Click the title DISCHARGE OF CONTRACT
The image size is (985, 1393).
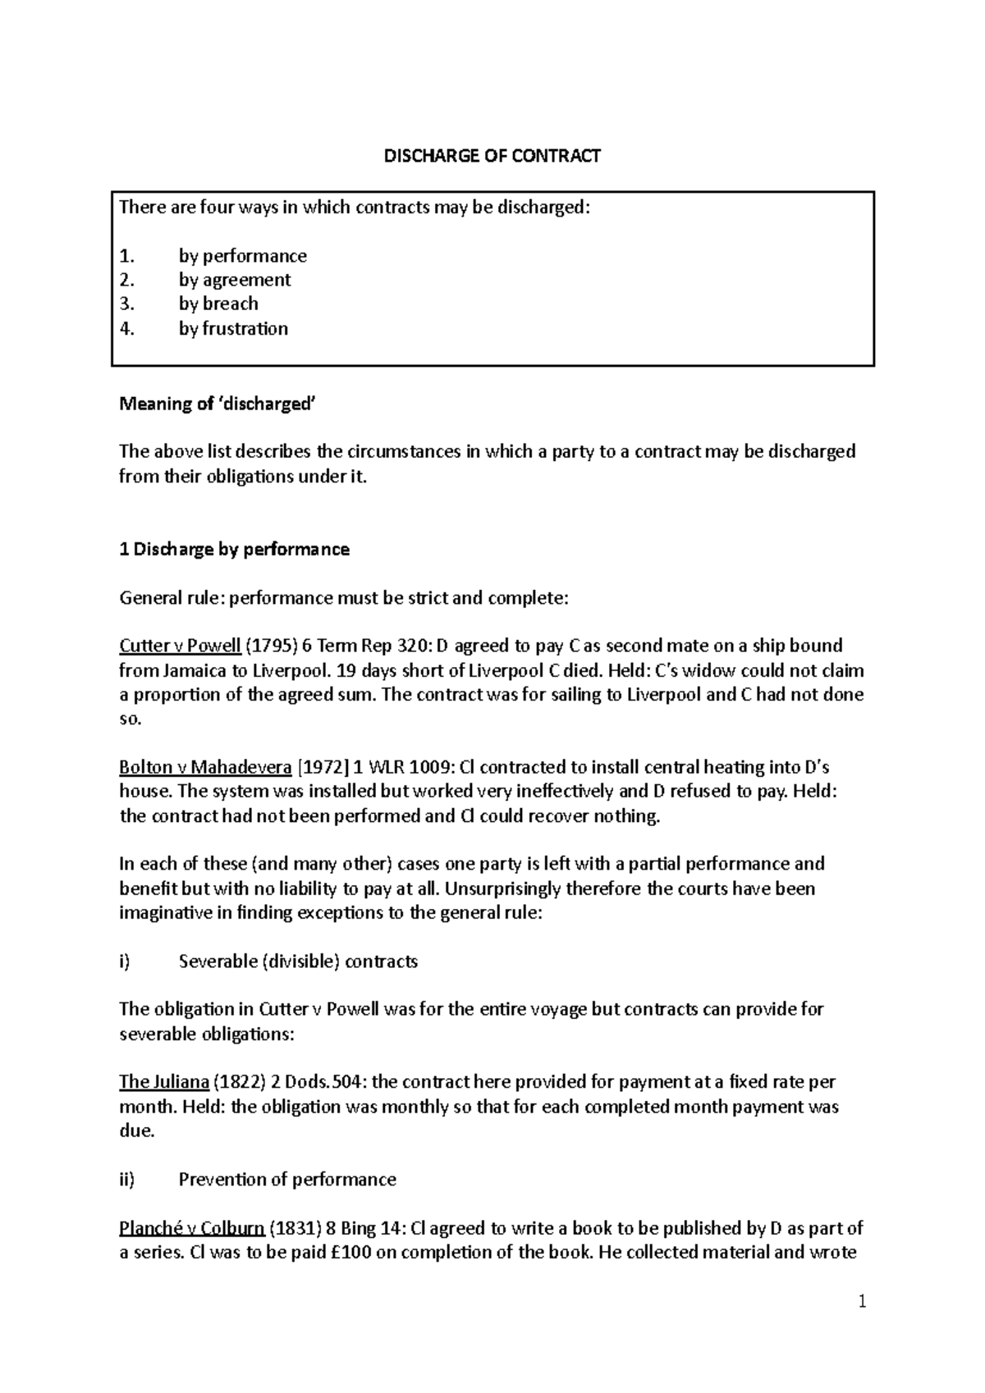[492, 156]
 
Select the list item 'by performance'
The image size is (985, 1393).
[242, 256]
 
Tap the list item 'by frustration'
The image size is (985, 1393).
[233, 329]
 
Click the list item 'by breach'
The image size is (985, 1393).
[218, 304]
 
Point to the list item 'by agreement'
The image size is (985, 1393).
[235, 281]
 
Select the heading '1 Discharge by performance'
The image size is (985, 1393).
[235, 550]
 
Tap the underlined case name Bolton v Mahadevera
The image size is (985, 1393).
[205, 768]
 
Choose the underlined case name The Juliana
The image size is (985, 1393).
[163, 1082]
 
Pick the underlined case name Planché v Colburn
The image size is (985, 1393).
[191, 1229]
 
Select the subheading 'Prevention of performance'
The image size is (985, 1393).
[287, 1180]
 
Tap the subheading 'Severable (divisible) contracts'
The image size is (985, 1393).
[298, 961]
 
